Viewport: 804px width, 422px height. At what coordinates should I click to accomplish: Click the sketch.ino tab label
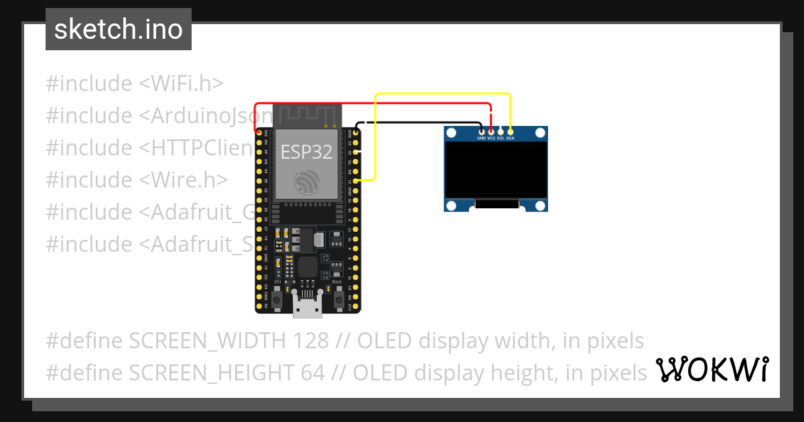pos(118,29)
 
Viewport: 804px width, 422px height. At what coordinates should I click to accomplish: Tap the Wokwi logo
pos(711,369)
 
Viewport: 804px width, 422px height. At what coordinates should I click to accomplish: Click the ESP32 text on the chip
pos(306,152)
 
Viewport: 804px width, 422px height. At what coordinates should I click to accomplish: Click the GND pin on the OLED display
pos(481,132)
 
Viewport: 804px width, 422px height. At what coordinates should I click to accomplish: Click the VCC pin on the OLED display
pos(491,132)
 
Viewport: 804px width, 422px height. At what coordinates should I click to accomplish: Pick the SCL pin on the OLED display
pos(500,132)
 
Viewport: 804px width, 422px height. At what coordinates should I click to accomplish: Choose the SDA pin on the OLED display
pos(511,132)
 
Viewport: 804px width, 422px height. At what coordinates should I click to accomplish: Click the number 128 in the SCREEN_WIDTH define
pos(311,341)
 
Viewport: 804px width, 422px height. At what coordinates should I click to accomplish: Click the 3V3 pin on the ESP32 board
pos(259,133)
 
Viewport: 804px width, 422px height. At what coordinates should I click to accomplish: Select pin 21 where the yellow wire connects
pos(356,181)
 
